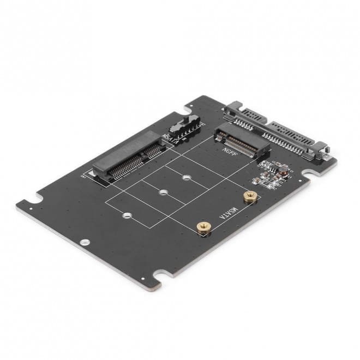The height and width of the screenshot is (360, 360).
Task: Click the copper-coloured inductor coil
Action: point(284,176)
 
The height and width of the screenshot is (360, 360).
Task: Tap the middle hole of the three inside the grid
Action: point(163,193)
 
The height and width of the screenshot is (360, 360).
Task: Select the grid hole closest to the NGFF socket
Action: point(187,177)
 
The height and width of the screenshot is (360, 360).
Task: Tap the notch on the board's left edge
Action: point(37,197)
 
